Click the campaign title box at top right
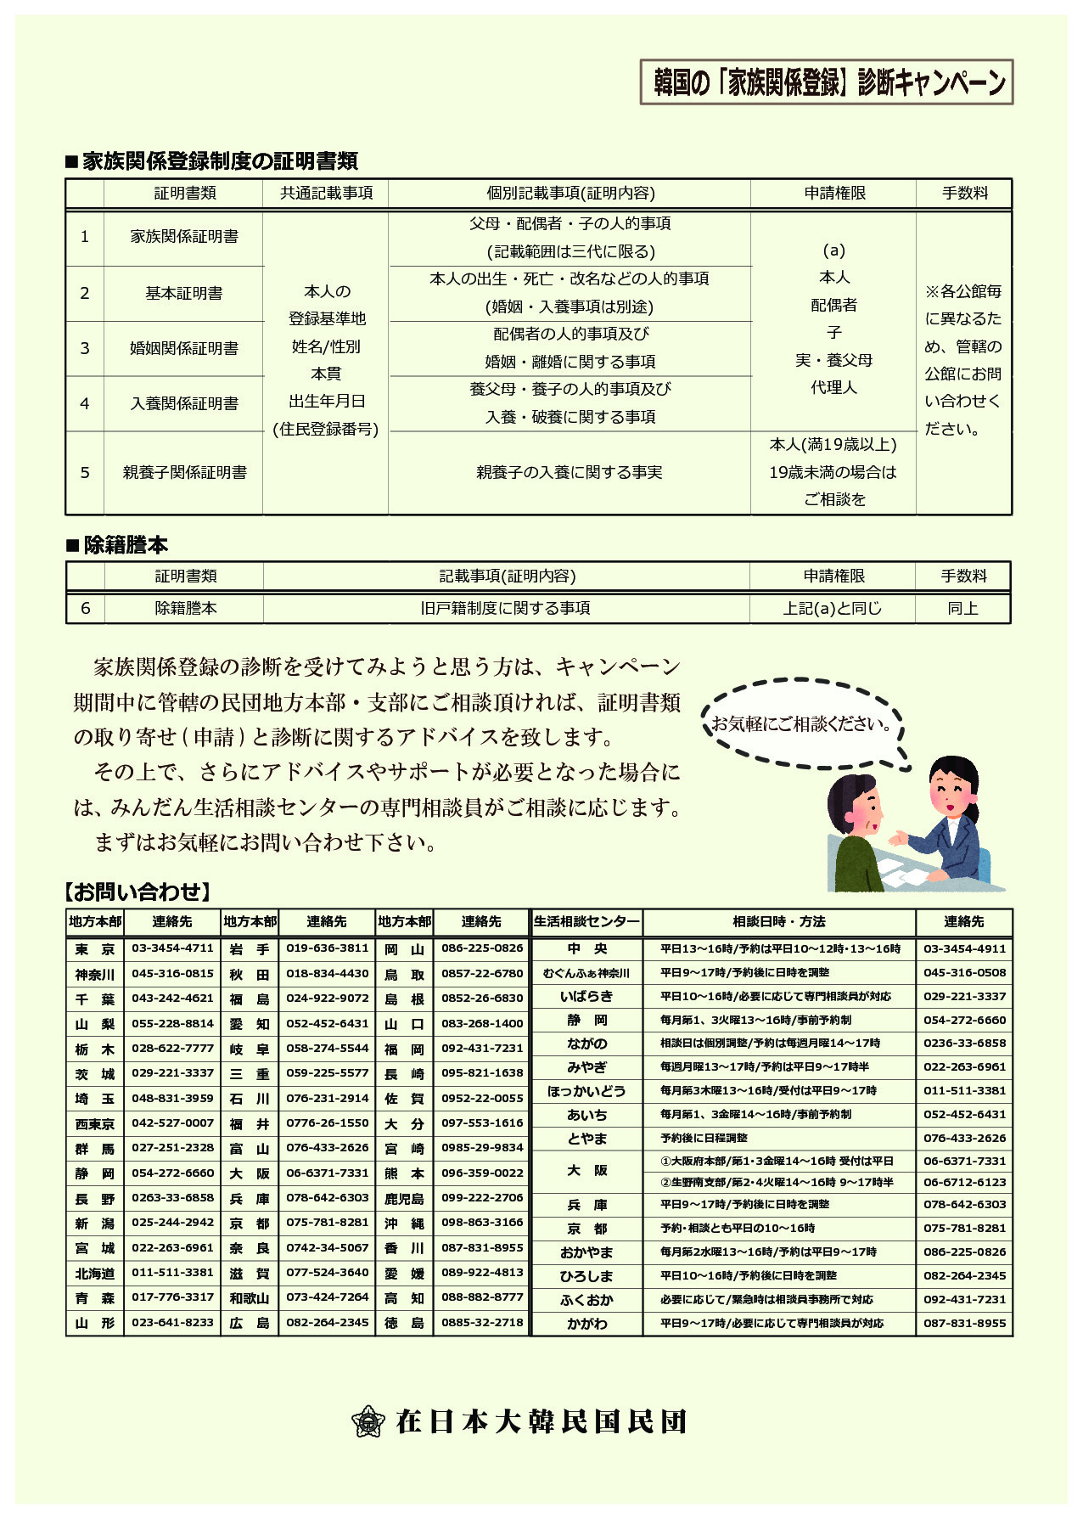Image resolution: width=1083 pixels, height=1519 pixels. pos(827,82)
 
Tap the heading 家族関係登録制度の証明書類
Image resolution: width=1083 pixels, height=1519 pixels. pos(212,161)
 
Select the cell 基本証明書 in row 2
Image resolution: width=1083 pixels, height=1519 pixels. pos(183,294)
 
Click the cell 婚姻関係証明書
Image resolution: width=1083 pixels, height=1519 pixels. pos(183,349)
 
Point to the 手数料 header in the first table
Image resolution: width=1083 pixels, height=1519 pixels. pos(964,194)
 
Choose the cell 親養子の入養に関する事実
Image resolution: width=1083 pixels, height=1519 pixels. pos(569,473)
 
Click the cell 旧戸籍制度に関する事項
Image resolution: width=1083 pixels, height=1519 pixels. pos(506,609)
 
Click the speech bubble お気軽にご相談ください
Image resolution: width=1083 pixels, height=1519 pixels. pos(801,724)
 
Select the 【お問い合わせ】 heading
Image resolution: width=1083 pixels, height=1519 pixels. pos(136,892)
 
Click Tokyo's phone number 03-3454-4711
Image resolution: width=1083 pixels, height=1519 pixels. pos(172,948)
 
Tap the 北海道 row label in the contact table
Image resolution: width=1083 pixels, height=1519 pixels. pos(95,1274)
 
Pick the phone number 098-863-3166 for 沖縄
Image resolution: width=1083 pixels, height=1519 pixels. pos(481,1223)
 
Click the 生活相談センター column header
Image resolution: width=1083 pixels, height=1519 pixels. pos(586,922)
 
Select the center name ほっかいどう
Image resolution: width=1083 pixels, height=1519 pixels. pos(586,1091)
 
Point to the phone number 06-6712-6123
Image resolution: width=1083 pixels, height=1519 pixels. pos(964,1183)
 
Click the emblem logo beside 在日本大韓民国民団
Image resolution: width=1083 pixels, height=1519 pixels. pos(368,1421)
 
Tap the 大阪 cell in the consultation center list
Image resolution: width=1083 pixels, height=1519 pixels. pos(586,1171)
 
